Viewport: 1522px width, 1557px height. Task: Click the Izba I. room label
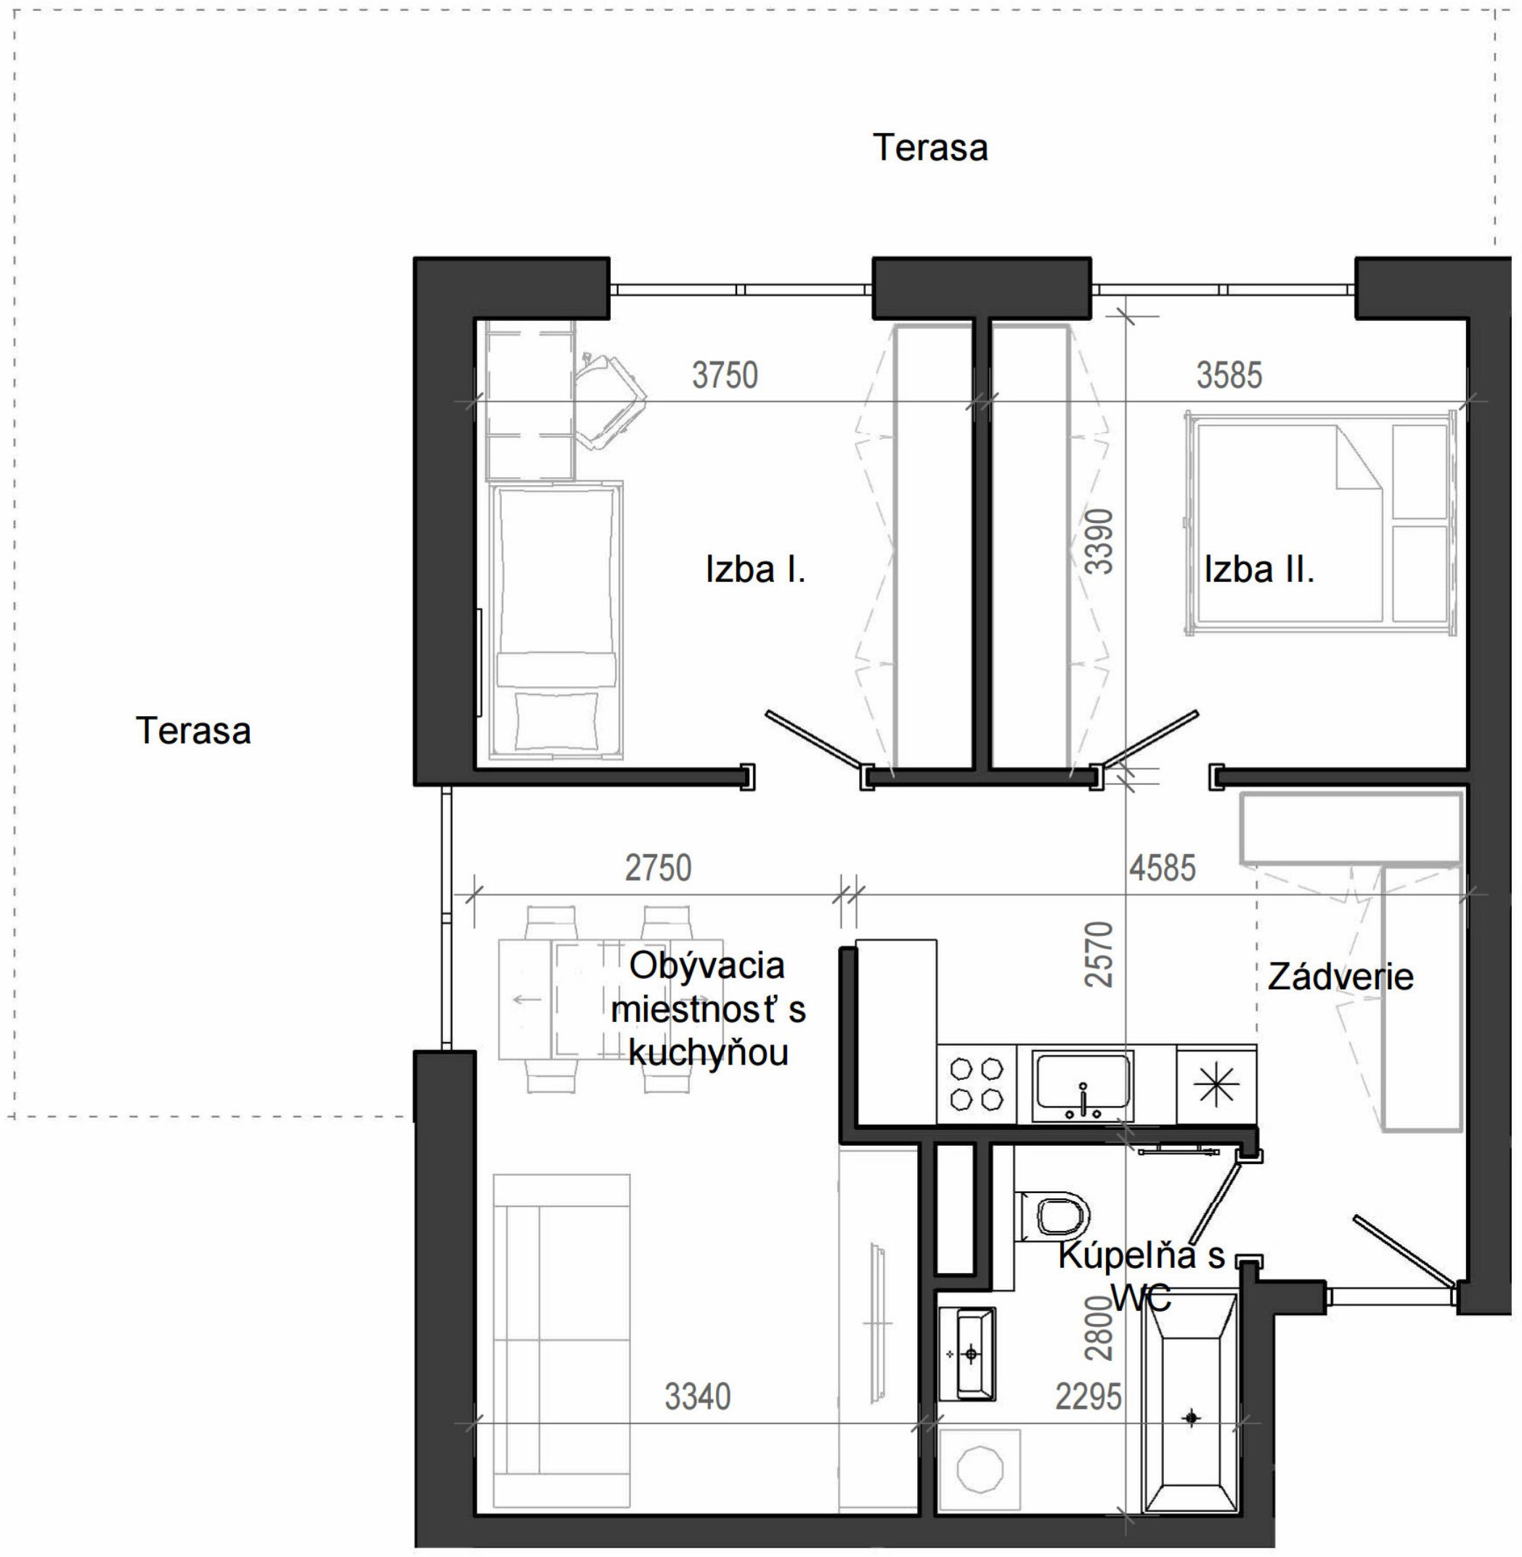755,570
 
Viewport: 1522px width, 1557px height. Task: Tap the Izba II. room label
1259,570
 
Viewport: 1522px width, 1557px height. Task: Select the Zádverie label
1340,977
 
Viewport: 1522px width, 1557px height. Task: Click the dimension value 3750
725,375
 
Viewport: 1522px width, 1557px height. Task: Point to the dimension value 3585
1229,375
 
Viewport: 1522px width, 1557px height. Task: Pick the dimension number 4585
1163,868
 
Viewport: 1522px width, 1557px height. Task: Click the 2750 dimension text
658,868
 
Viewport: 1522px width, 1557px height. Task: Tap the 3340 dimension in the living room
698,1397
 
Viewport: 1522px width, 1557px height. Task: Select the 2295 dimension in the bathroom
1088,1397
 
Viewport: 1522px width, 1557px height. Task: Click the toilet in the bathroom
1052,1216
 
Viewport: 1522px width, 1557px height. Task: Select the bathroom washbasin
967,1354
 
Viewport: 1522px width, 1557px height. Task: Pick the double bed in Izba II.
1319,524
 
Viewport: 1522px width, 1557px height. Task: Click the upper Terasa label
930,148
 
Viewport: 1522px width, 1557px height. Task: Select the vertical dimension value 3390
1099,541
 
